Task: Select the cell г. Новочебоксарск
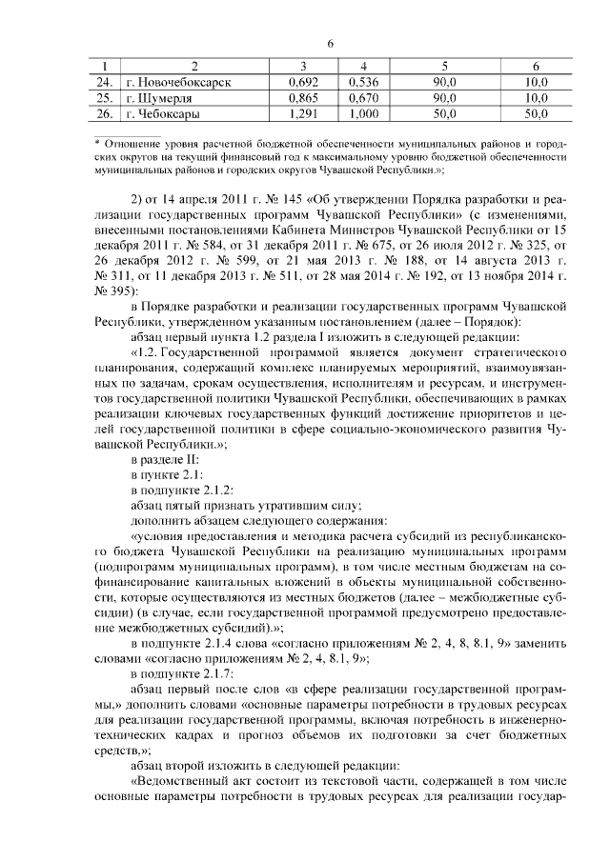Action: coord(178,82)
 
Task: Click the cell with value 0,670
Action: coord(363,98)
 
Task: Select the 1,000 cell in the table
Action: coord(363,114)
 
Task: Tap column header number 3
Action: coord(302,66)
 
